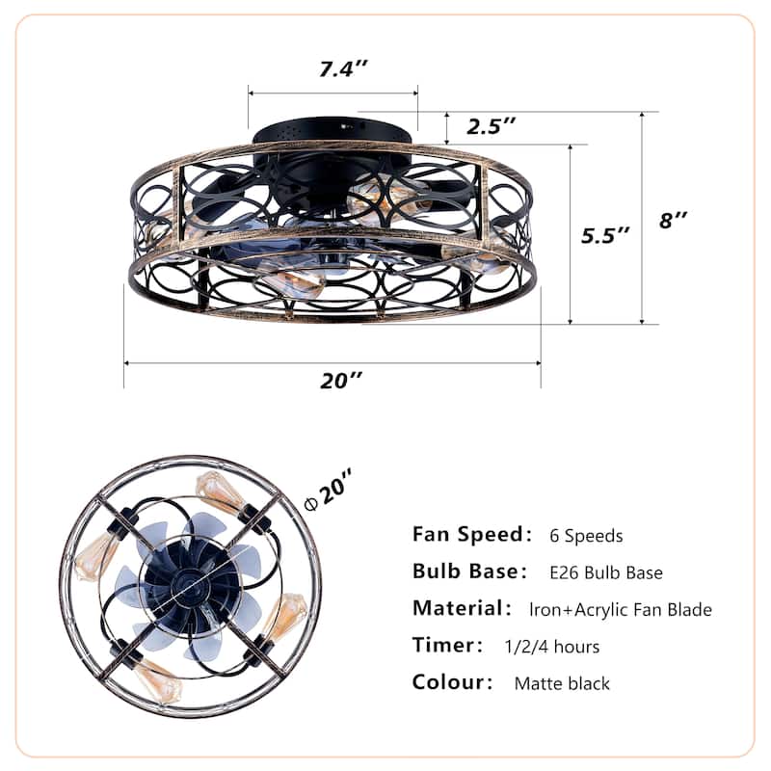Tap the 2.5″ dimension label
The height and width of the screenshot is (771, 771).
491,125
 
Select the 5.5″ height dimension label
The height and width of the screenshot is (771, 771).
604,234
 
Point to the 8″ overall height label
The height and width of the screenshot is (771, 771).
673,220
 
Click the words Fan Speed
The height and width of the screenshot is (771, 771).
465,534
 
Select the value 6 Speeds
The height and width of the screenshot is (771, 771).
587,536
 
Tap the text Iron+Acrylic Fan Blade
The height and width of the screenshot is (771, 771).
621,609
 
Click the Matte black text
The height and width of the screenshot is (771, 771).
562,684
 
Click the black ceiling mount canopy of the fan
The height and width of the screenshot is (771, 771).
332,131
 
